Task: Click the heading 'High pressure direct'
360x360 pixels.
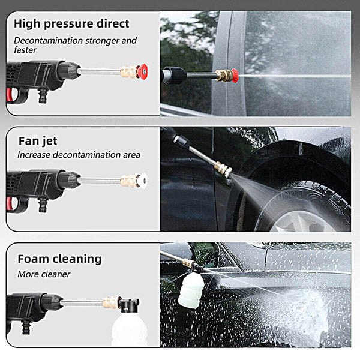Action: coord(71,24)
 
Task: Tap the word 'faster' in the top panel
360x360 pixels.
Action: coord(25,50)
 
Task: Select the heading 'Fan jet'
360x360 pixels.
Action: coord(38,141)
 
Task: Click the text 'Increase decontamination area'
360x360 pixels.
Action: coord(79,155)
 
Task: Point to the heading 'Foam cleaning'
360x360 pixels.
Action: coord(59,259)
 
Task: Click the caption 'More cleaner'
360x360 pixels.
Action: coord(44,274)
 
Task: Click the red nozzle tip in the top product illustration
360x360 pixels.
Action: coord(142,71)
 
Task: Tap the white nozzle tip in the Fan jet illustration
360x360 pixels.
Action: coord(142,181)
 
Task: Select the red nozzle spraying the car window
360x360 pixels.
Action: coord(235,76)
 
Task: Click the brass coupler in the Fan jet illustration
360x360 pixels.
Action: coord(128,181)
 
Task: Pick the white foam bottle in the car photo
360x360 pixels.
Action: coord(191,290)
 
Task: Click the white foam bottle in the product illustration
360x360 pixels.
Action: coord(129,329)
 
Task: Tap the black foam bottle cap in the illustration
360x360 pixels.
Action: coord(128,305)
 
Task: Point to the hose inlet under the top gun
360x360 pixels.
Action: coord(42,97)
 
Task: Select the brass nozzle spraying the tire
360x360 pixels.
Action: coord(223,169)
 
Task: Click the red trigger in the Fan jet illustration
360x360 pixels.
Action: coord(10,204)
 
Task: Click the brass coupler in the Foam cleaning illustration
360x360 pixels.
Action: coord(110,302)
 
